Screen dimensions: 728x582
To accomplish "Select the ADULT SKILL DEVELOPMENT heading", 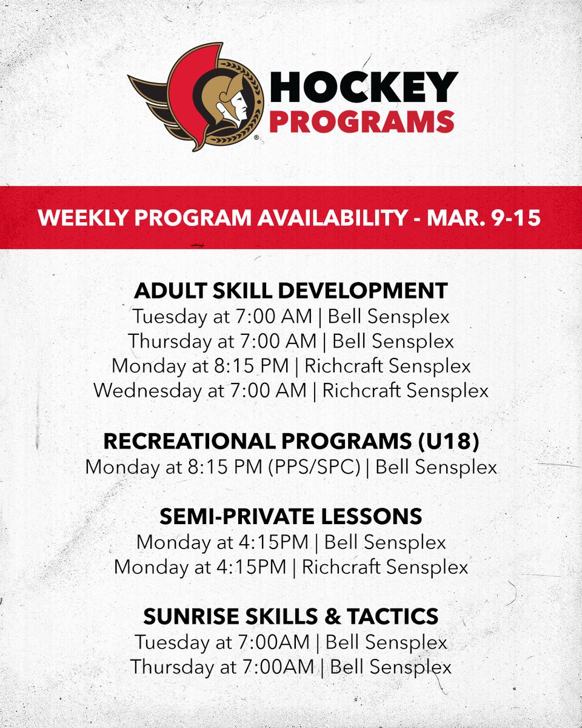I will pos(291,290).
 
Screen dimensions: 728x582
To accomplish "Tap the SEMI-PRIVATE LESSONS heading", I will pos(291,516).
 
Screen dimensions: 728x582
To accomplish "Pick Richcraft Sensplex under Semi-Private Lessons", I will pos(385,567).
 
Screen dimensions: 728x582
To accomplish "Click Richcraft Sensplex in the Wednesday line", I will pos(405,391).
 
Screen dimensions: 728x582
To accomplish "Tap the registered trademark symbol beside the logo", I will pos(256,138).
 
